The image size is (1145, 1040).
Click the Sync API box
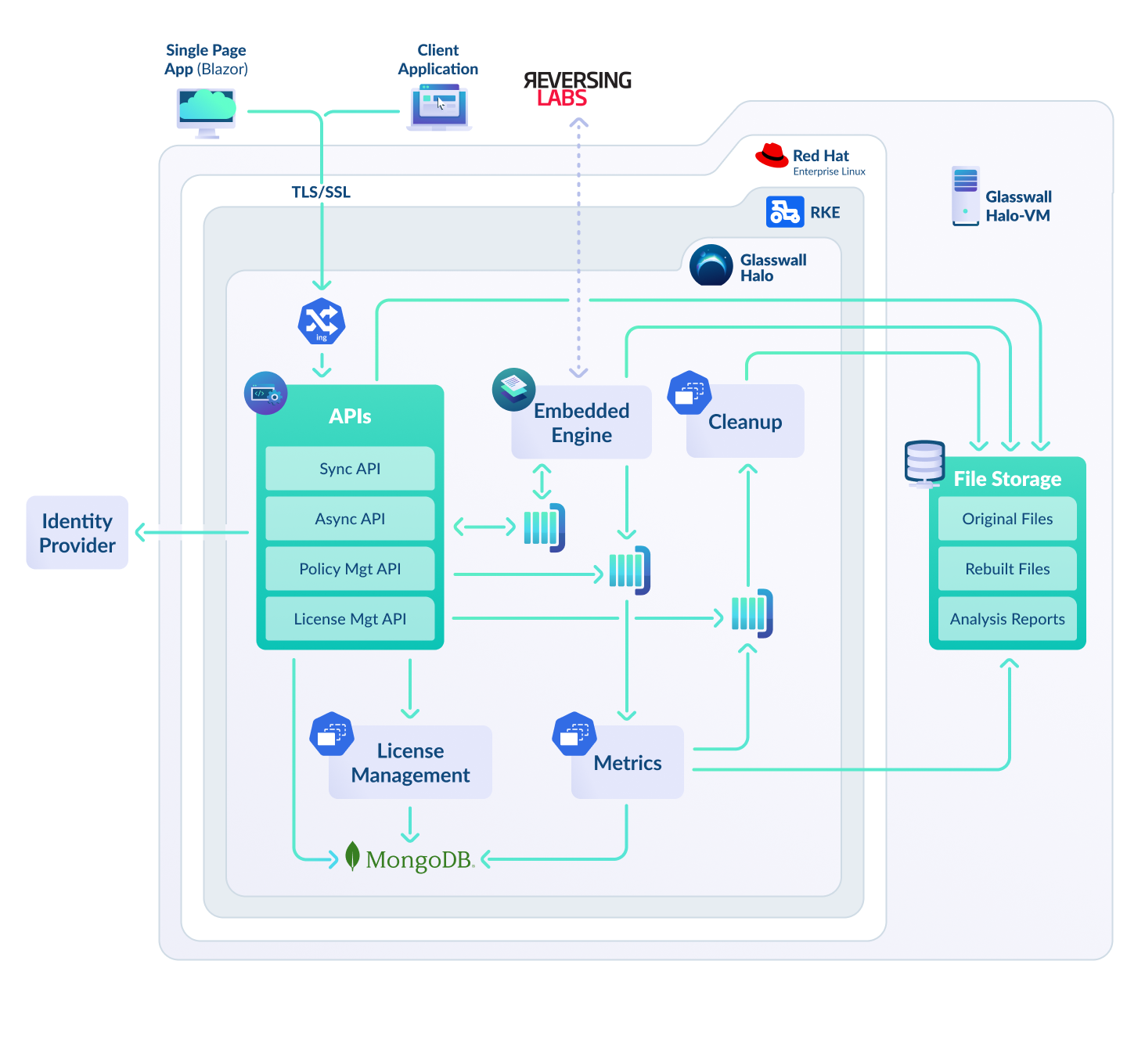350,468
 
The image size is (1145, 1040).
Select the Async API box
350,518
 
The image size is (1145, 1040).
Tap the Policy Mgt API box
350,568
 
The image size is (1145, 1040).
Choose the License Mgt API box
350,618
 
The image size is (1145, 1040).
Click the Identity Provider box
77,532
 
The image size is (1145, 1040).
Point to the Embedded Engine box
582,422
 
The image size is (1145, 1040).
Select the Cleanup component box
745,421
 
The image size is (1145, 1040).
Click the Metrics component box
628,762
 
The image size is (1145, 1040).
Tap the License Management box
410,762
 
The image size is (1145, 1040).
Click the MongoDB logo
410,858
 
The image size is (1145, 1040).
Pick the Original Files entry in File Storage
1007,518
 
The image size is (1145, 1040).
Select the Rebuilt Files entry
1007,568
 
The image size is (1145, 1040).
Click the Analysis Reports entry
1007,618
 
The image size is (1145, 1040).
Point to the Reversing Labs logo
578,88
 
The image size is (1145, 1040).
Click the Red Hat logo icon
772,155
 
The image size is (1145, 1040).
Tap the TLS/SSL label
321,192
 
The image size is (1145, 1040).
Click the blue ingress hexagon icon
322,321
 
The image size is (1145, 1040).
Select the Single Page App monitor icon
207,112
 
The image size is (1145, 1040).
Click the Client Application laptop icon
439,108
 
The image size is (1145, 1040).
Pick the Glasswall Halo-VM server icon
965,196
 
